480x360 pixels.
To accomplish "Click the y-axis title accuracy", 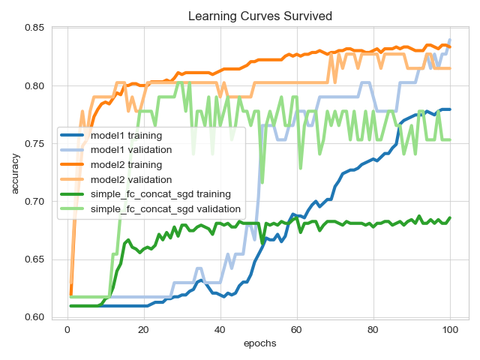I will coord(16,172).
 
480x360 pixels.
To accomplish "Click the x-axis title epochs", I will coord(259,343).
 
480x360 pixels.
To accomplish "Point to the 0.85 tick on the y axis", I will coord(34,28).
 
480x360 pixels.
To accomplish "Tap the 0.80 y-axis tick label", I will coord(34,86).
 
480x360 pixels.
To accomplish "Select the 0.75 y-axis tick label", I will coord(34,144).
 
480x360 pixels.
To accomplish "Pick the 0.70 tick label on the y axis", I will coord(34,202).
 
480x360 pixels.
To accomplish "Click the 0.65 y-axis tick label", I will coord(34,259).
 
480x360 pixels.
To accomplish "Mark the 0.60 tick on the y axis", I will coord(34,317).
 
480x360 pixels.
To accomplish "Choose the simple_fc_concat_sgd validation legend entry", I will coord(165,208).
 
